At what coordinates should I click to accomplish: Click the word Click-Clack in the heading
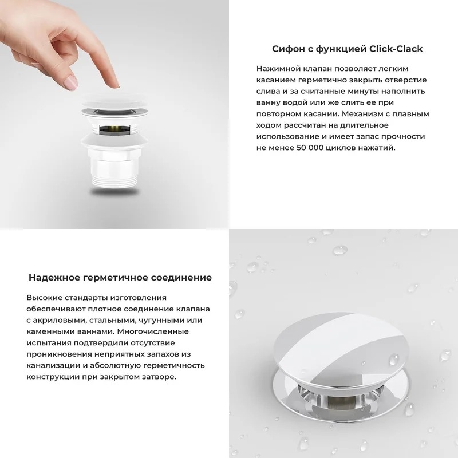[x=396, y=49]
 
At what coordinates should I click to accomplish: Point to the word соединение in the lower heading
[x=181, y=278]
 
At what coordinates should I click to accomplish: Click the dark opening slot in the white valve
[x=114, y=129]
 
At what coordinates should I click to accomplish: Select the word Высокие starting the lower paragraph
[x=45, y=298]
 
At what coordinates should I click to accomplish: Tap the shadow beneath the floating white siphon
[x=114, y=192]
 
